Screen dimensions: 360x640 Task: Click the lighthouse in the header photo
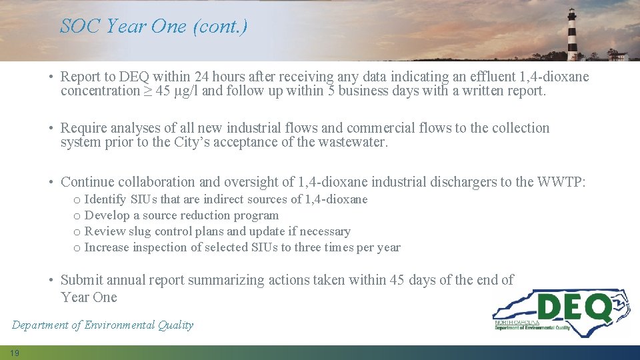(x=572, y=35)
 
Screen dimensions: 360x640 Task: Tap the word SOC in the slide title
(x=81, y=26)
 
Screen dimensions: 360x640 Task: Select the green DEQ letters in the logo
(x=574, y=309)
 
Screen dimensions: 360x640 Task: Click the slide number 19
(x=15, y=353)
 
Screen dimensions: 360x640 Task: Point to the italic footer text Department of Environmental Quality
(x=102, y=325)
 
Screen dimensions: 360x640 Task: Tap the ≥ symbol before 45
(x=147, y=91)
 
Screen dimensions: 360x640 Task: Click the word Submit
(x=81, y=280)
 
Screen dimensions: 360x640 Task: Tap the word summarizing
(x=226, y=280)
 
